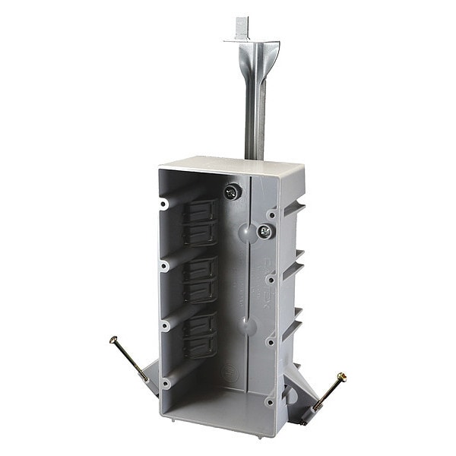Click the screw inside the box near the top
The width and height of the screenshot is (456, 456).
pos(232,192)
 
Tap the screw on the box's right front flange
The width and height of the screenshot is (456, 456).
pos(264,231)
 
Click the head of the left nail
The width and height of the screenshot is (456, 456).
pos(113,339)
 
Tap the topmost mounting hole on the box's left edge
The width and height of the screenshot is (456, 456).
pos(164,204)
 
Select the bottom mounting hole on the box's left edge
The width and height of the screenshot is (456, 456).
pos(165,383)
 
